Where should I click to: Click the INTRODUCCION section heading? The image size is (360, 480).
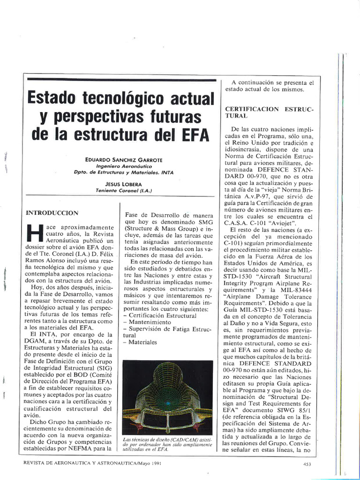click(52, 212)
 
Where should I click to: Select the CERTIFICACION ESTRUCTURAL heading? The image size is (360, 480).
click(269, 112)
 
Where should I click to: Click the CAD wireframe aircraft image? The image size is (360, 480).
click(167, 397)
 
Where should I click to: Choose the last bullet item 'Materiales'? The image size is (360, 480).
click(142, 342)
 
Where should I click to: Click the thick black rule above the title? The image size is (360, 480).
click(121, 79)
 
